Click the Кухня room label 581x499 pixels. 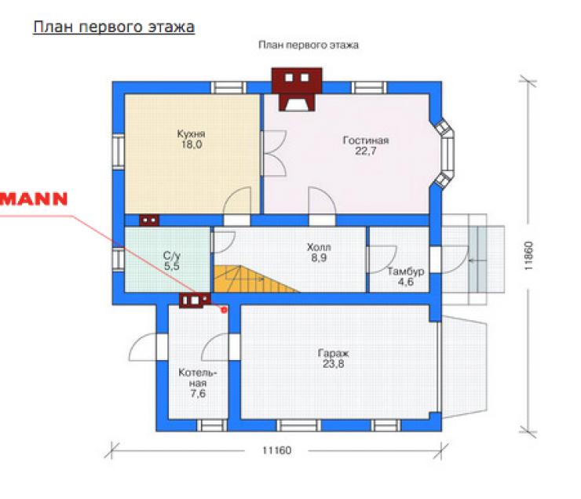(x=191, y=133)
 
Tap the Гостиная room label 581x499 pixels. (x=366, y=140)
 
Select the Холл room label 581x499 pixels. (x=319, y=247)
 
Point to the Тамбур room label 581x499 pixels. (x=406, y=271)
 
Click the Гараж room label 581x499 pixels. (x=333, y=354)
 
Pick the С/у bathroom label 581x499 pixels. (x=172, y=256)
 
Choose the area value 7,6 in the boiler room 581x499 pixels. (x=198, y=393)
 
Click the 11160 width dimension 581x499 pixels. (x=277, y=450)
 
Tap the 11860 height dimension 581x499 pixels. (x=528, y=256)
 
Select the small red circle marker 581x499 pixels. (x=224, y=309)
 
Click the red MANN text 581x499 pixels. (x=34, y=199)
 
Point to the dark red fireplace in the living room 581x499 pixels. (x=297, y=89)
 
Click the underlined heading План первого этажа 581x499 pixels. (x=114, y=27)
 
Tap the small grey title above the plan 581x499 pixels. (x=309, y=46)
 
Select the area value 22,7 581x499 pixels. (x=366, y=151)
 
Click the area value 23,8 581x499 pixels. (x=333, y=364)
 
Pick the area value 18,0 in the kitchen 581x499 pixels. (x=192, y=144)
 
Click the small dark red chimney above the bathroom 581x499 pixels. (x=149, y=220)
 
